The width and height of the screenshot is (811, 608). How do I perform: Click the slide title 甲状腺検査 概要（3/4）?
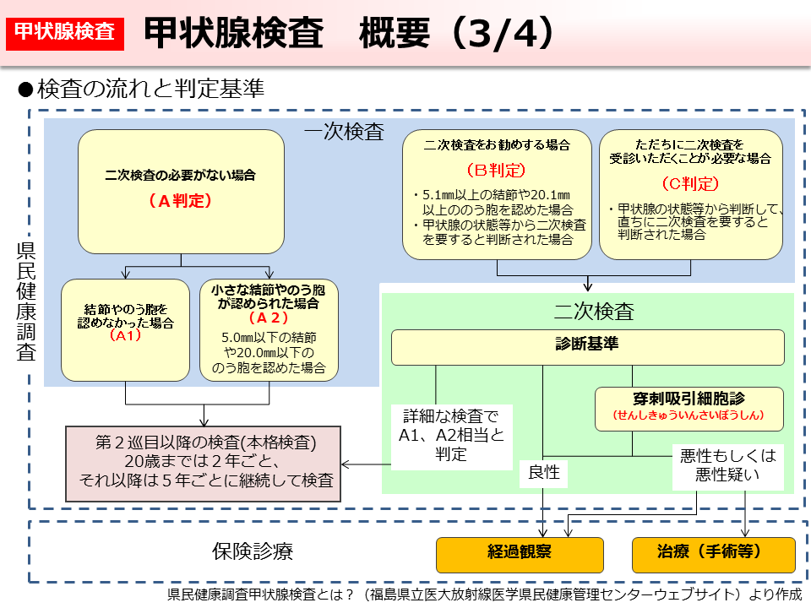349,33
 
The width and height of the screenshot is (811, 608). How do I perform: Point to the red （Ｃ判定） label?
690,183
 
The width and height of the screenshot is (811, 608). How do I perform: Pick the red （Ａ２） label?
269,318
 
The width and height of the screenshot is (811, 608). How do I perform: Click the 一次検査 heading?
344,133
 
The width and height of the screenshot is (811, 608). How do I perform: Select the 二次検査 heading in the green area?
593,311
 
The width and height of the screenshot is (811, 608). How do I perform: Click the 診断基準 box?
587,345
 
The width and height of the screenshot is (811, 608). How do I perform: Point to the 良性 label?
544,472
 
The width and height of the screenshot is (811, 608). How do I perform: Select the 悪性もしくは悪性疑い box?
727,465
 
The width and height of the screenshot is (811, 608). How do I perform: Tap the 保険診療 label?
252,552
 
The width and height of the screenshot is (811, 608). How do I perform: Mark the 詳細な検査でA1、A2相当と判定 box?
451,435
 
